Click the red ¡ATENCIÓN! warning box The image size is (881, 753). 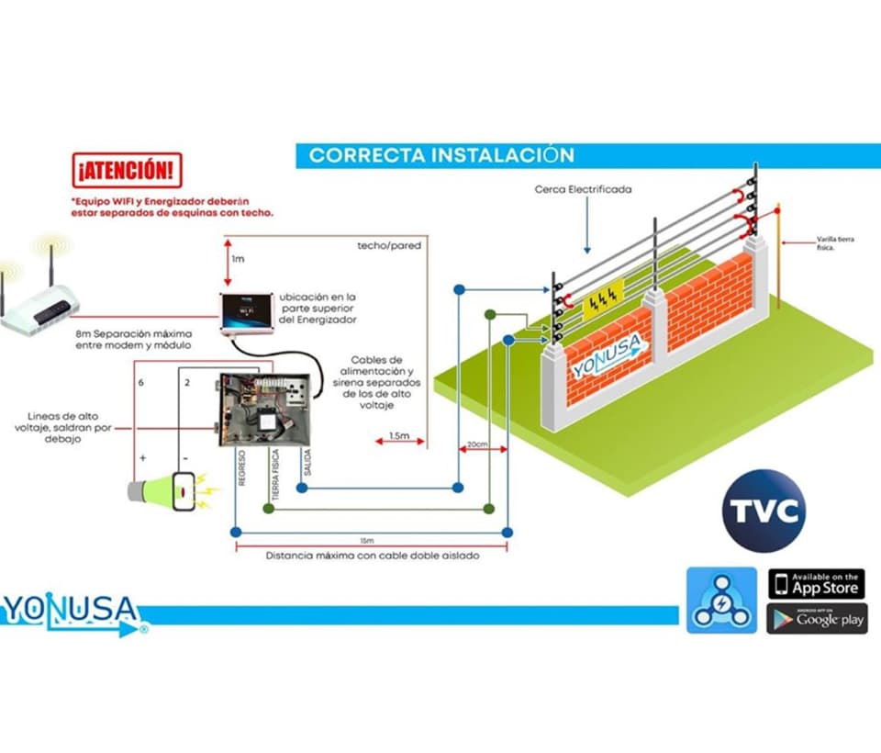point(127,171)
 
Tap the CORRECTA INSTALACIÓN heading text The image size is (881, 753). point(440,154)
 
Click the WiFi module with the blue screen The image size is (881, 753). point(245,312)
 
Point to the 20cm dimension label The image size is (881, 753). point(476,444)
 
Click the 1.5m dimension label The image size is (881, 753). point(399,435)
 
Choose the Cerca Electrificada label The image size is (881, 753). point(583,190)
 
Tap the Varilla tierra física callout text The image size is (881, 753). point(836,242)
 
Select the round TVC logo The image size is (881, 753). point(764,511)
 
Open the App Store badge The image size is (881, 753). point(816,584)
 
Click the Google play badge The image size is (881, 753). point(816,619)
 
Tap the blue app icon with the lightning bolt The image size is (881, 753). point(721,600)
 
